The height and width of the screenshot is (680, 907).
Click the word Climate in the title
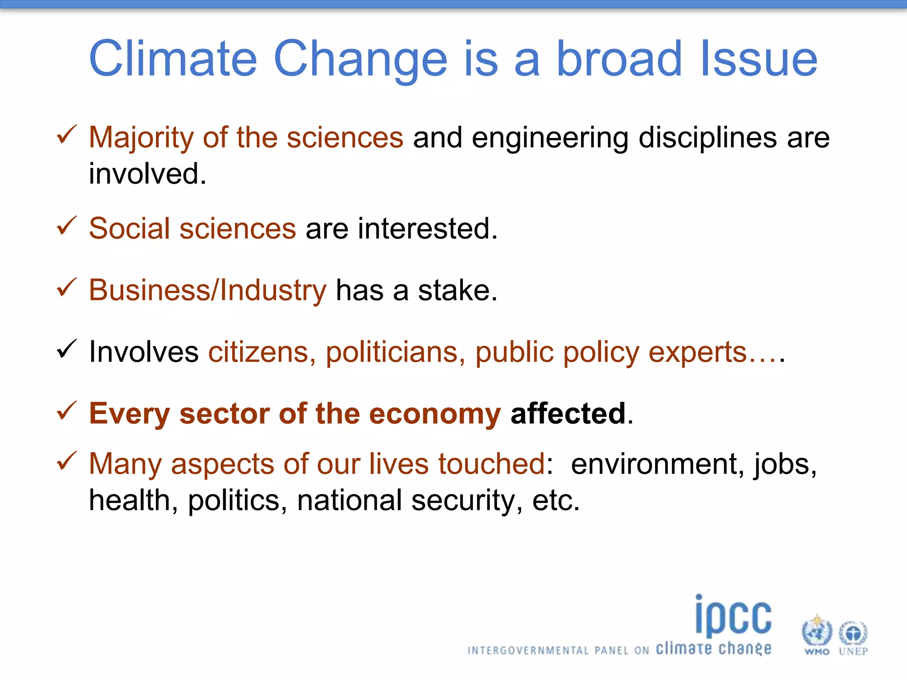(173, 59)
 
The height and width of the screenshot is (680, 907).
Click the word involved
(147, 174)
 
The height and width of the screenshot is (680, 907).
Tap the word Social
(129, 228)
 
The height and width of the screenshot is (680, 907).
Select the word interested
(427, 228)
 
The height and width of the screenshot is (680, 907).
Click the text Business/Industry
(207, 290)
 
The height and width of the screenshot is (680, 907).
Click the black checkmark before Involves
(67, 349)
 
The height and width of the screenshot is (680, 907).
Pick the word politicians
(395, 352)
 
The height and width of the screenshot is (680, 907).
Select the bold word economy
(434, 413)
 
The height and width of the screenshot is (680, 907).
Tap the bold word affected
(568, 413)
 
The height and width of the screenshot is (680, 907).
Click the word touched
(492, 464)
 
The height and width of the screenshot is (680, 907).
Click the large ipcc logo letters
(733, 616)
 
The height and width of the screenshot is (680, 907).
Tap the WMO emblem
(817, 631)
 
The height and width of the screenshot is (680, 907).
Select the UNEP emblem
(853, 633)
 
